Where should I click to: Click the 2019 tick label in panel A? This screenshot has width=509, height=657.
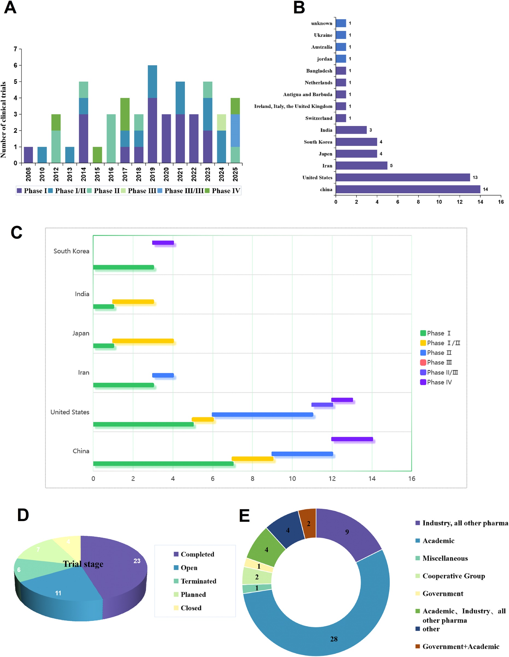pyautogui.click(x=152, y=174)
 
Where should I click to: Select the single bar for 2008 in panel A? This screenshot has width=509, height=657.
pyautogui.click(x=28, y=155)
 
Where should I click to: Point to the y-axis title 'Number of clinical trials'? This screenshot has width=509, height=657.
pyautogui.click(x=4, y=119)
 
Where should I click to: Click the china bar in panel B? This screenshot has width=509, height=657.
pyautogui.click(x=408, y=189)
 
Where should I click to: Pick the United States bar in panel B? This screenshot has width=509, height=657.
pyautogui.click(x=402, y=177)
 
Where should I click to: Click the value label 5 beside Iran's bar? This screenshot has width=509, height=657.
pyautogui.click(x=391, y=166)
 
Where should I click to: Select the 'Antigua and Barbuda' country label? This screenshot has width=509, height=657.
pyautogui.click(x=308, y=94)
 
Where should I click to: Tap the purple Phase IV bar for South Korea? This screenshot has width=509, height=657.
pyautogui.click(x=163, y=243)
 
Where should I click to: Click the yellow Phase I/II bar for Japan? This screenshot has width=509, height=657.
pyautogui.click(x=143, y=341)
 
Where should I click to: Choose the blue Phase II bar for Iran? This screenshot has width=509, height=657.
pyautogui.click(x=163, y=375)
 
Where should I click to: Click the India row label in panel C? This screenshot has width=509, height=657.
pyautogui.click(x=82, y=294)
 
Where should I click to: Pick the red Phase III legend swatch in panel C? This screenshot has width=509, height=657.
pyautogui.click(x=423, y=363)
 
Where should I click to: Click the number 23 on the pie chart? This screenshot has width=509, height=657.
pyautogui.click(x=137, y=561)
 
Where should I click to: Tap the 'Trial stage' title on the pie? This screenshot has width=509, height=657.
pyautogui.click(x=83, y=564)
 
